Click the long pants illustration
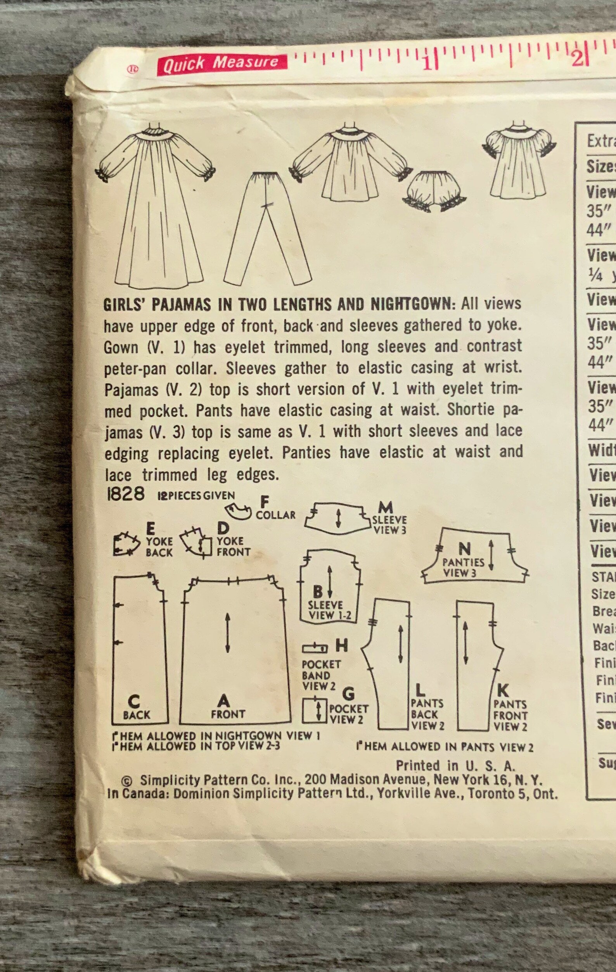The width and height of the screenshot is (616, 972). coord(266,226)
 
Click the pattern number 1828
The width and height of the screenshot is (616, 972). coord(126,494)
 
